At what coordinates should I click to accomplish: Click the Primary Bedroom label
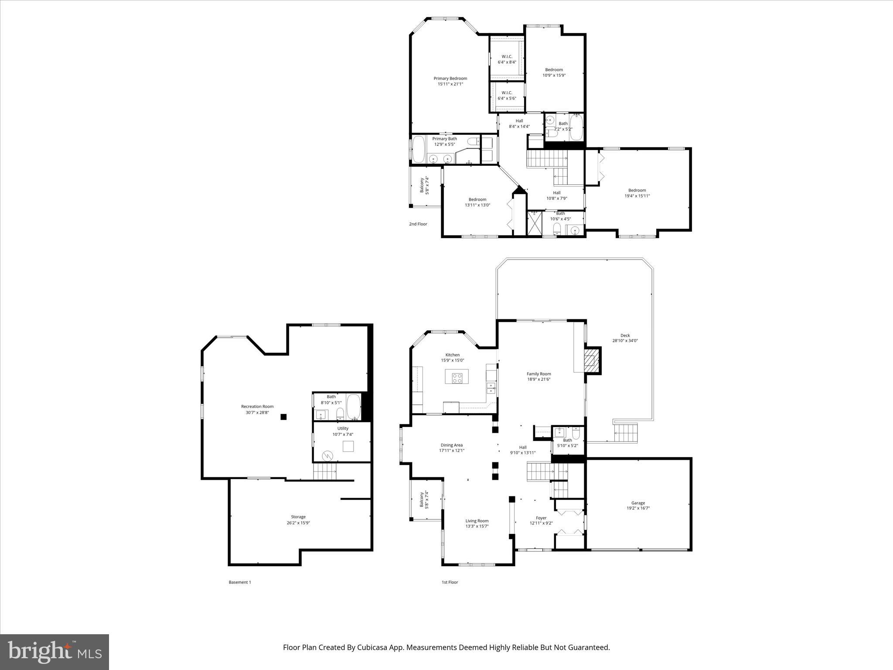pos(450,79)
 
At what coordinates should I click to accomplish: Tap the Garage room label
pos(638,503)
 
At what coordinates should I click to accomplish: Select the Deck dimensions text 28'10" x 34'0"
pos(625,341)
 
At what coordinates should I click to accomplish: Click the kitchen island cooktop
pos(457,378)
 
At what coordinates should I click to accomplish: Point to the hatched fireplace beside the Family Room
pos(592,360)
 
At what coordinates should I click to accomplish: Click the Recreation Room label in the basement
pos(257,407)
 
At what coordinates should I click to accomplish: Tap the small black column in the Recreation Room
pos(283,417)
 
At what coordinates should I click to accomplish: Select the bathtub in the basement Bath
pos(353,406)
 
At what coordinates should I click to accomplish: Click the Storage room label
pos(298,517)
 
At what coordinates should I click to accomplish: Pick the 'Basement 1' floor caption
pos(240,582)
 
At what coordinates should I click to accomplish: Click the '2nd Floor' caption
pos(418,224)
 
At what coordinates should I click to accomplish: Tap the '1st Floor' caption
pos(450,582)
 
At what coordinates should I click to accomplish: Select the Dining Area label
pos(451,445)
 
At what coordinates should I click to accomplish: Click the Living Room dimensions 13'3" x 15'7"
pos(477,526)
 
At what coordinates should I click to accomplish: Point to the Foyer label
pos(541,518)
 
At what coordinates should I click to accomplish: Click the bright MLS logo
pos(55,652)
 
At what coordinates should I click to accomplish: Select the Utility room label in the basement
pos(343,428)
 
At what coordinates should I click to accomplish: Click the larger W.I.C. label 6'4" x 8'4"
pos(507,57)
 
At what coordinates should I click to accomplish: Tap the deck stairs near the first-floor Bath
pos(626,433)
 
